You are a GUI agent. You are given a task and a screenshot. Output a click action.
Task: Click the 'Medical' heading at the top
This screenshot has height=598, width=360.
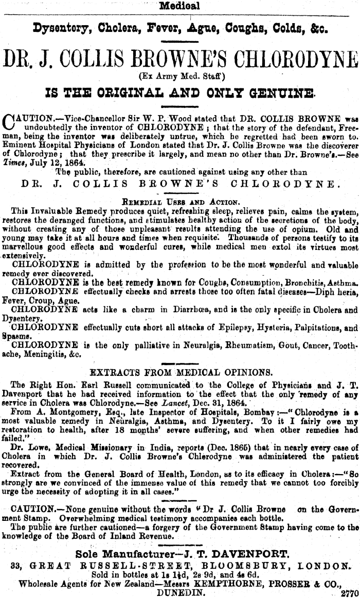179,7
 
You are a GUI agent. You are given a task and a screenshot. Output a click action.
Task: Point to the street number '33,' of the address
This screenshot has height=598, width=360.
17,565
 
